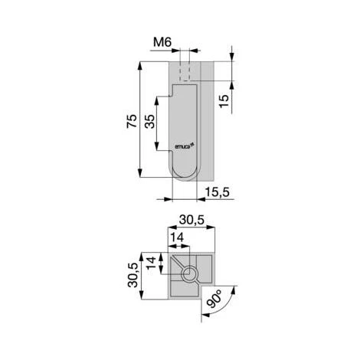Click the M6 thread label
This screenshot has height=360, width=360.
(162, 42)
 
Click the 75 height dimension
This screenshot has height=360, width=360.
(132, 121)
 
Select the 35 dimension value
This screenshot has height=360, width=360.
(149, 121)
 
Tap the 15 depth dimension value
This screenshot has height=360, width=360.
(224, 101)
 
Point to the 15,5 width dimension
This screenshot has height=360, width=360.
(218, 192)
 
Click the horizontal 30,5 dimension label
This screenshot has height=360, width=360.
(191, 220)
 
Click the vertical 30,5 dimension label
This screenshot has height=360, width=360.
(133, 275)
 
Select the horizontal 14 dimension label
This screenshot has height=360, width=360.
(177, 237)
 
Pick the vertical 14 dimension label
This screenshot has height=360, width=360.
(151, 263)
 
